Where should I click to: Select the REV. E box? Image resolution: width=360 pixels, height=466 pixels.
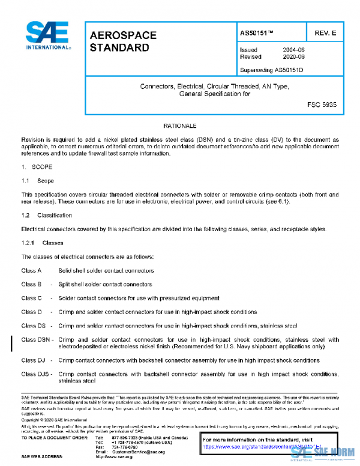click(x=325, y=32)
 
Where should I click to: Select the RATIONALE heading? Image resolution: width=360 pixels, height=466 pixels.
click(x=180, y=127)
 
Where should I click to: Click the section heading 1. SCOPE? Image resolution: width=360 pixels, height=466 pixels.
click(x=37, y=166)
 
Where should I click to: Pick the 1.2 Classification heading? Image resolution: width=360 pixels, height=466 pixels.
click(x=46, y=214)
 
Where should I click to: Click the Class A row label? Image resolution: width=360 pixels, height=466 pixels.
click(x=31, y=271)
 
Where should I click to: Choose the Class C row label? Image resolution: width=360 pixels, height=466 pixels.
click(x=31, y=298)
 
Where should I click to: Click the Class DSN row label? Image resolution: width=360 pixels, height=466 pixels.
click(x=34, y=340)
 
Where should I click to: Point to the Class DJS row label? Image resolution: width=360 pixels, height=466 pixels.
click(x=34, y=374)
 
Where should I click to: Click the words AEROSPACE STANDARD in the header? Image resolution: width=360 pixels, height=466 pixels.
click(x=123, y=41)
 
